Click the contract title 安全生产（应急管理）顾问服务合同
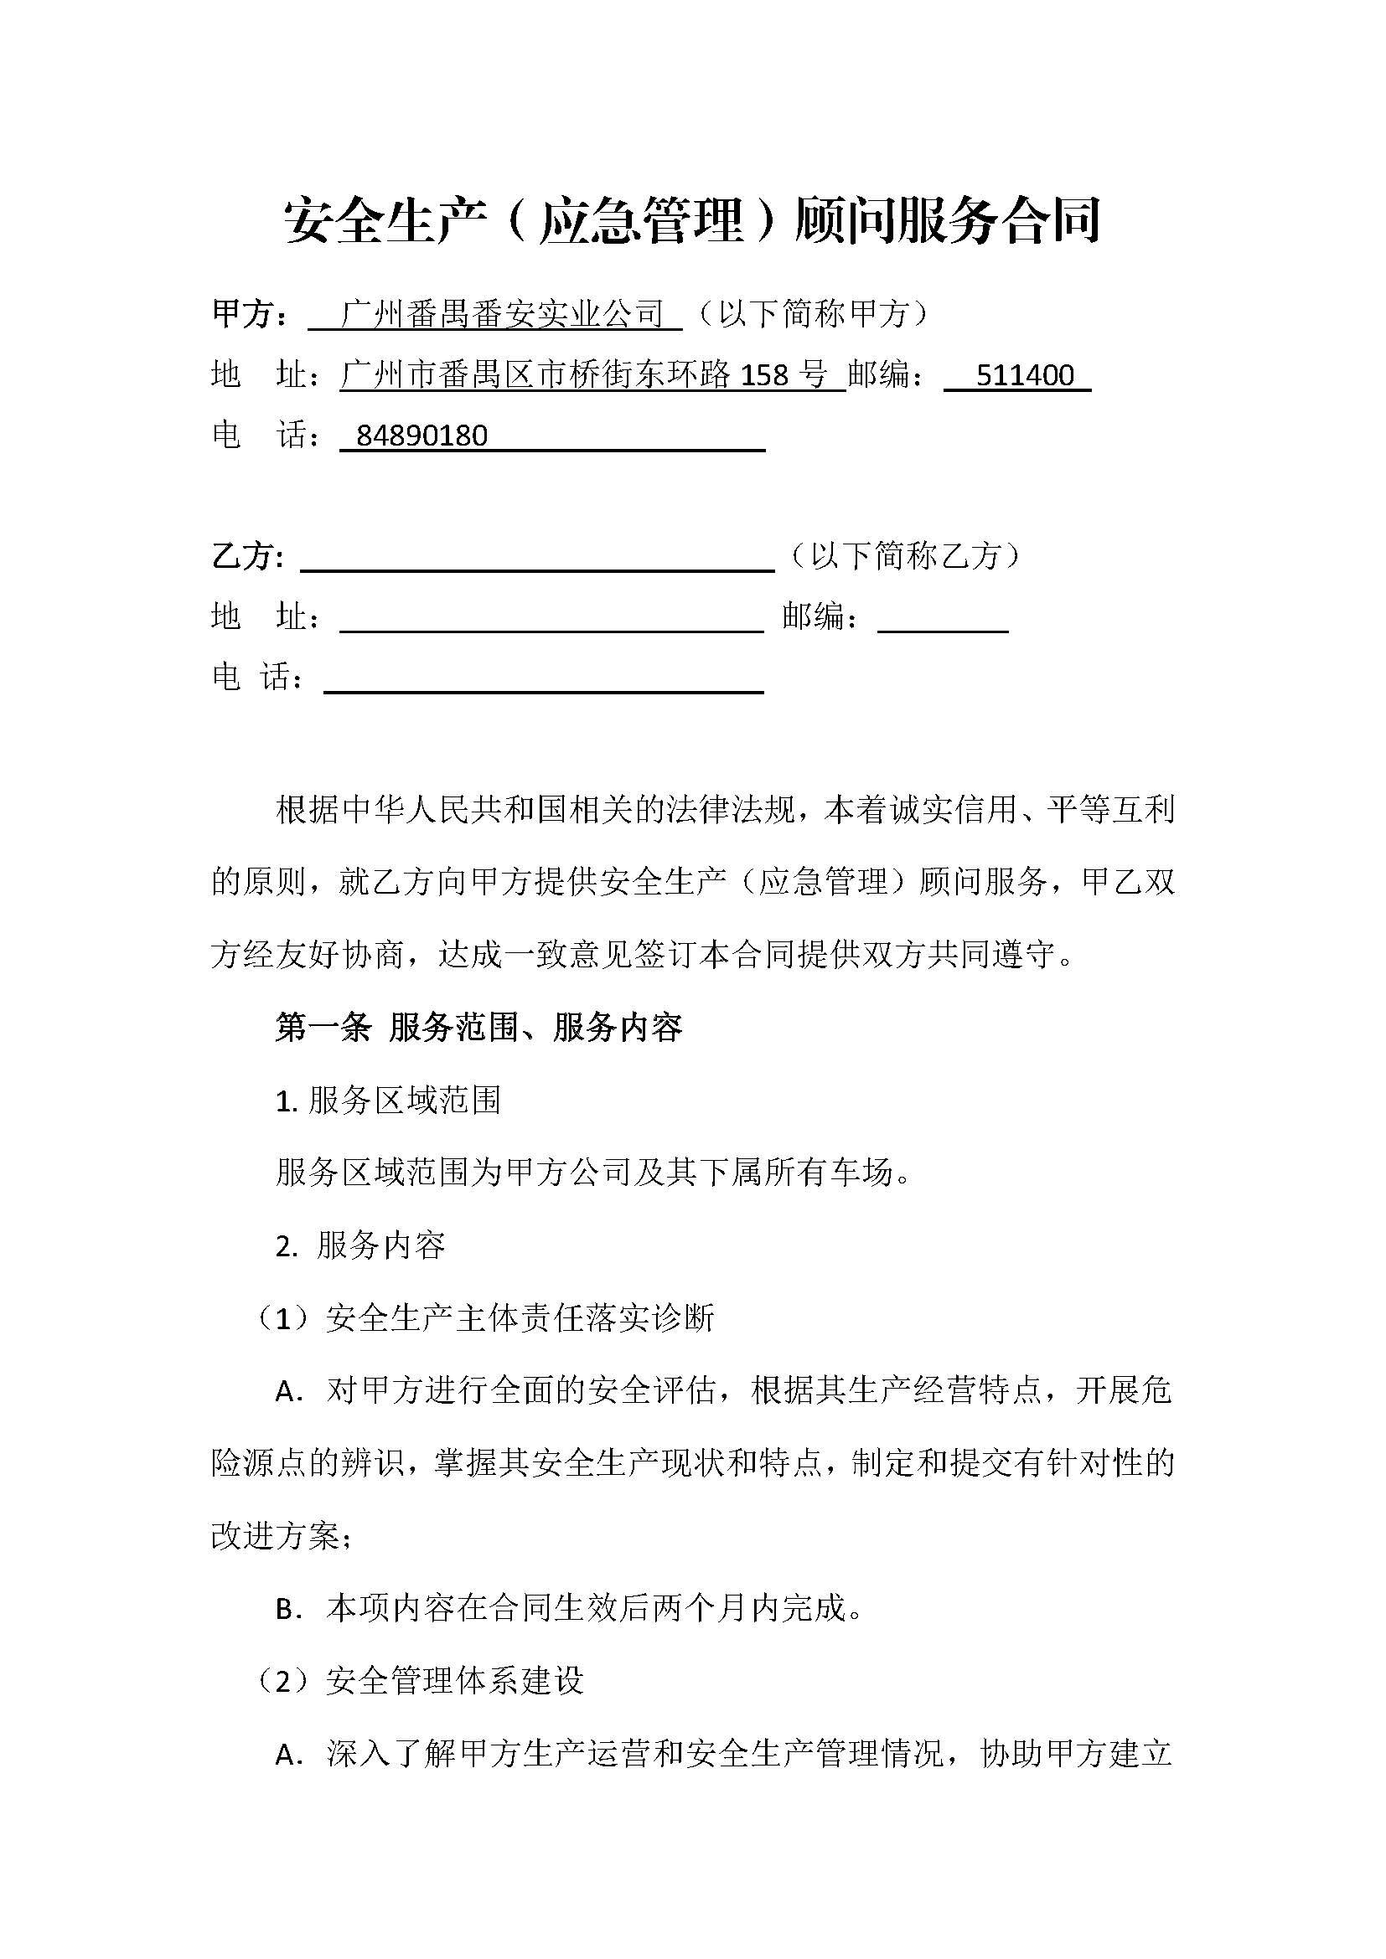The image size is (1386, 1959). (692, 220)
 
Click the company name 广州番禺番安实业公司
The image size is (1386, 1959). (502, 315)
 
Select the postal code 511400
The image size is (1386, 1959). (1024, 375)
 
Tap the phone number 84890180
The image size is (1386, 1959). (421, 436)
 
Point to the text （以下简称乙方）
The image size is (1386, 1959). (906, 556)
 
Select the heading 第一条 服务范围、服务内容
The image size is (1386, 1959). (478, 1028)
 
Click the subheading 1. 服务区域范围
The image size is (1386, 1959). (387, 1101)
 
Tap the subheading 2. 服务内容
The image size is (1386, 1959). (360, 1245)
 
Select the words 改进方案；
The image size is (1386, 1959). (282, 1537)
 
